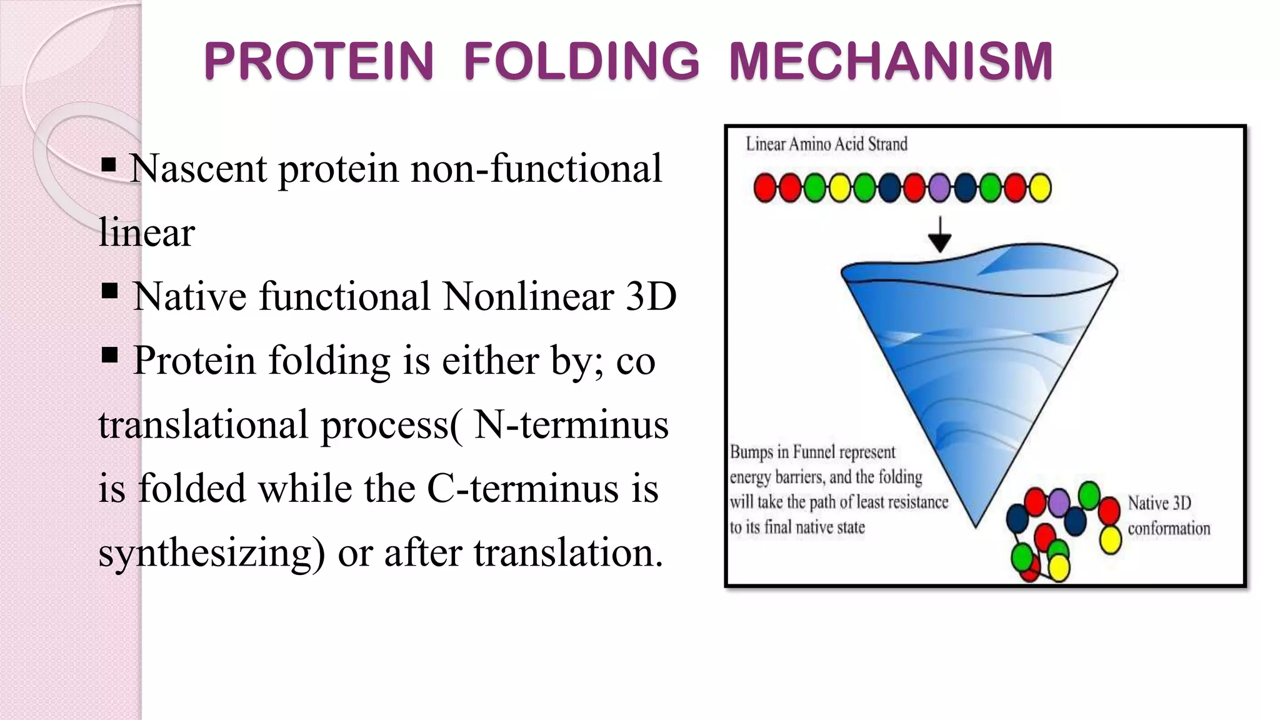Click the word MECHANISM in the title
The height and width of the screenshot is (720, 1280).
point(891,61)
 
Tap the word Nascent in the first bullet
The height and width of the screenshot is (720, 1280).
point(197,169)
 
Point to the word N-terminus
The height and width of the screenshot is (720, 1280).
point(571,425)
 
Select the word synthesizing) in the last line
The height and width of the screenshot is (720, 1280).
point(211,554)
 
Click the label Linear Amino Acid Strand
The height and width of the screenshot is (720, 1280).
point(826,144)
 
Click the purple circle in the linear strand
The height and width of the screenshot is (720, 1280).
point(939,187)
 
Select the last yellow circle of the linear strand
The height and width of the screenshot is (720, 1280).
point(1039,187)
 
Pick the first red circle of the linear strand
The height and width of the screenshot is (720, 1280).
point(765,187)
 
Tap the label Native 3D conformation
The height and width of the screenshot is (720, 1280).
point(1167,516)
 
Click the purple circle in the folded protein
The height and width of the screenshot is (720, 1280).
point(1058,502)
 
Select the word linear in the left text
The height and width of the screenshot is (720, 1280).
point(147,232)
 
